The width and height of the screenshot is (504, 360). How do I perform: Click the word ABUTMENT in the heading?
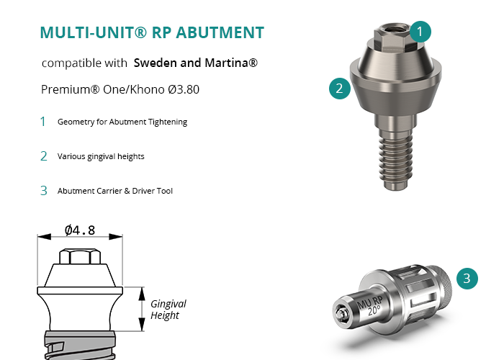220,32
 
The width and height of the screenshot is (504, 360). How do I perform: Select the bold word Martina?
231,63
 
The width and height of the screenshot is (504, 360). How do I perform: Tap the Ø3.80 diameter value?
184,89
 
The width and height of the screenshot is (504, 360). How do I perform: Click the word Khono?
147,89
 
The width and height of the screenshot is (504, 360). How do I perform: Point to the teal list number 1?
42,122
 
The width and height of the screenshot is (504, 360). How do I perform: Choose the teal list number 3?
44,191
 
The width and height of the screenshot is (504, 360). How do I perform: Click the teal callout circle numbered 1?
420,32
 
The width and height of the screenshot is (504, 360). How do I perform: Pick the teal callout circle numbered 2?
339,89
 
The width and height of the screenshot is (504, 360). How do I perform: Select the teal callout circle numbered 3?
467,279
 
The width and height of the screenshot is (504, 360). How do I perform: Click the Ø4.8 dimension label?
80,230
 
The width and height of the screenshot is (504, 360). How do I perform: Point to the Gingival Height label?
168,310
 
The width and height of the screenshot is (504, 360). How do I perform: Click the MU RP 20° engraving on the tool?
371,305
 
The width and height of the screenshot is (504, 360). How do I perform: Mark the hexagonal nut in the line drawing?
80,256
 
